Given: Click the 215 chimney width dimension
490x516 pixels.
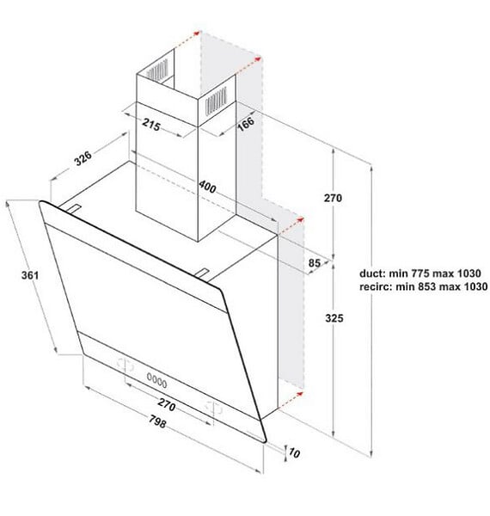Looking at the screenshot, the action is point(151,125).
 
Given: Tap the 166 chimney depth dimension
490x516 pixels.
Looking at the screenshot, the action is point(246,123).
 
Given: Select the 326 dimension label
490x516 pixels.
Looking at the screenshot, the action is point(83,158).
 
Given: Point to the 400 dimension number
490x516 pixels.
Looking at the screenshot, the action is point(207,187).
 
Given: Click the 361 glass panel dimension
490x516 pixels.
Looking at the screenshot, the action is point(30,275).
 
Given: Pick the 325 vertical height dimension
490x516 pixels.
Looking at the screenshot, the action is point(334,318).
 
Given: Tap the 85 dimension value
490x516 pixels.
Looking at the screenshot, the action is point(314,263).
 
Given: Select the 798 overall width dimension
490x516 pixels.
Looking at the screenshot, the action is point(157,421).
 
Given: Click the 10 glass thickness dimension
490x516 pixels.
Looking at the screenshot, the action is point(294,453).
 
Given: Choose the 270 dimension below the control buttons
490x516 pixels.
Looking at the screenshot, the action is point(167,404).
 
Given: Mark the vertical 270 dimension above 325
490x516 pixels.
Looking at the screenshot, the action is point(333,198).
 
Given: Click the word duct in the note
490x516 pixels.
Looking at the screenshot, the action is point(371,273).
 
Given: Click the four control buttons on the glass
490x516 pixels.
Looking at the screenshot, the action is point(156,380).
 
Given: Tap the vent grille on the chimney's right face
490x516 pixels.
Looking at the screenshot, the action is point(216,101).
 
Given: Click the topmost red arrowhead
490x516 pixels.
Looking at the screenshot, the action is point(198,33).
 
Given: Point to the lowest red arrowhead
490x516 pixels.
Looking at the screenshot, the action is point(300,393).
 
